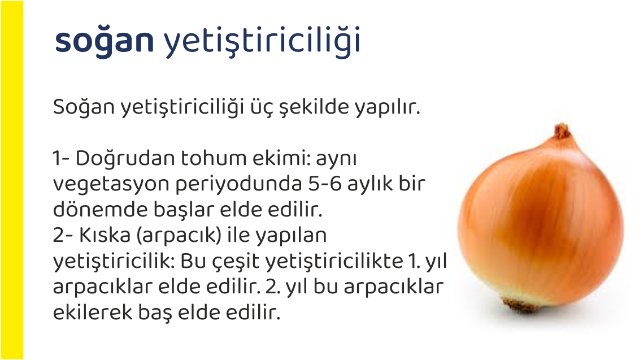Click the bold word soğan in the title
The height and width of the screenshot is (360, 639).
pyautogui.click(x=105, y=41)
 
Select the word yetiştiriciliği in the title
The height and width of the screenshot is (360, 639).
pyautogui.click(x=262, y=41)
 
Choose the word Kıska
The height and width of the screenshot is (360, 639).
pyautogui.click(x=103, y=235)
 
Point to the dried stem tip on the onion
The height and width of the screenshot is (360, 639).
pyautogui.click(x=562, y=131)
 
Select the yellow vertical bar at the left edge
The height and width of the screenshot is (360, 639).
pyautogui.click(x=12, y=180)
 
